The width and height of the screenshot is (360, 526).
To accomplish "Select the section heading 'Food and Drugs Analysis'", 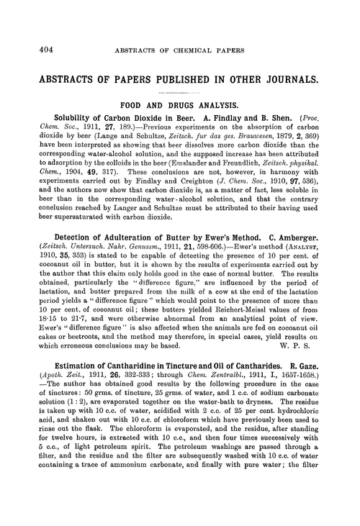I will tap(186, 103).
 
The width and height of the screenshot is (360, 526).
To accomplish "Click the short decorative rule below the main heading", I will tap(186, 91).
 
